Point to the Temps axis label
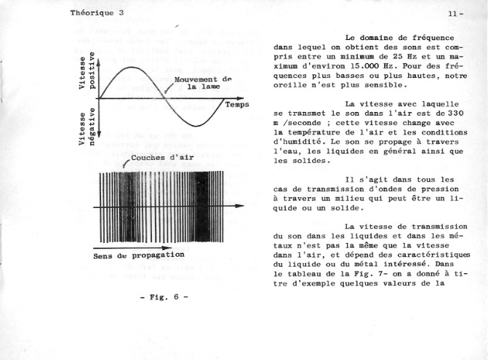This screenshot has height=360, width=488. tap(237, 105)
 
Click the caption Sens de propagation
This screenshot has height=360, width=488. tap(138, 255)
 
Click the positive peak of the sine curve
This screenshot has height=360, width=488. tap(130, 67)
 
